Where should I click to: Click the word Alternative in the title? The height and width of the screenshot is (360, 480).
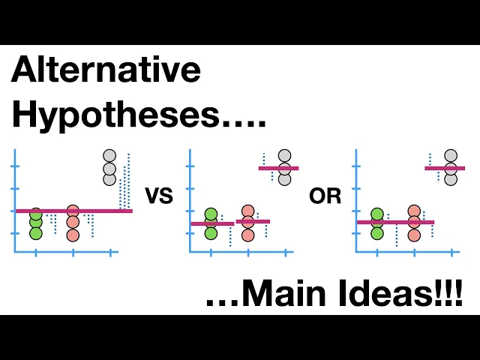pyautogui.click(x=106, y=71)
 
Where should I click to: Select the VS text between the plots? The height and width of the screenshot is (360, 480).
pyautogui.click(x=158, y=197)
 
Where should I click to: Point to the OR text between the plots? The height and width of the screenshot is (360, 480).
pyautogui.click(x=325, y=197)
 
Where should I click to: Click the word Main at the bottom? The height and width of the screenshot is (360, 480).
pyautogui.click(x=285, y=293)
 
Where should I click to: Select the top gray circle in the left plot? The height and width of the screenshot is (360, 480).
pyautogui.click(x=110, y=156)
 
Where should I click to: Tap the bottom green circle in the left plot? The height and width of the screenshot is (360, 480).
pyautogui.click(x=36, y=233)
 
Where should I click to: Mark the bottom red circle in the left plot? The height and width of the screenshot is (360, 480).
pyautogui.click(x=73, y=235)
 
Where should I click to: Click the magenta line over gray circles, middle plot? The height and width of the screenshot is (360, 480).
pyautogui.click(x=279, y=168)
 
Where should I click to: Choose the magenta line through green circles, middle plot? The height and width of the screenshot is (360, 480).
pyautogui.click(x=212, y=223)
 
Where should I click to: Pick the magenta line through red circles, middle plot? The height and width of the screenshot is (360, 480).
pyautogui.click(x=253, y=221)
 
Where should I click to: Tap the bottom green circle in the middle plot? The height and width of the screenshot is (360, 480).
pyautogui.click(x=211, y=233)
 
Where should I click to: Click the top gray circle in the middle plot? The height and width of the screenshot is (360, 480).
pyautogui.click(x=284, y=156)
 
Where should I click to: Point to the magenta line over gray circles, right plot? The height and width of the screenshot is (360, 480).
pyautogui.click(x=445, y=168)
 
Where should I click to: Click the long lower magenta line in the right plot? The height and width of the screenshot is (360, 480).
pyautogui.click(x=395, y=222)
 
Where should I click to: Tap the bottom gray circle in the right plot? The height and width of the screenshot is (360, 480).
pyautogui.click(x=451, y=179)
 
